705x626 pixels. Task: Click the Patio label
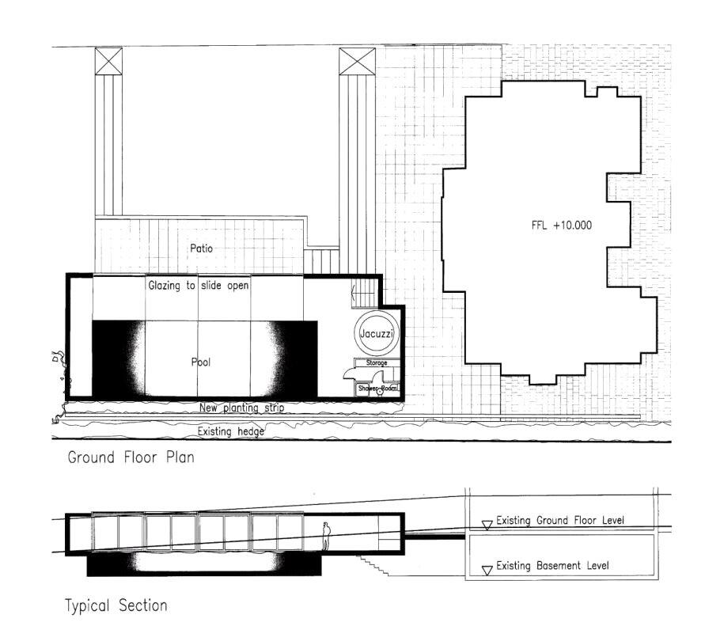[x=202, y=249]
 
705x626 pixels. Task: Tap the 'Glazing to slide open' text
[x=199, y=286]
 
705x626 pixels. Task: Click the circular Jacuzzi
[x=377, y=335]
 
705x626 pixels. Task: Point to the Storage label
[x=376, y=362]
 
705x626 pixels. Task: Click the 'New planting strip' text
[x=242, y=408]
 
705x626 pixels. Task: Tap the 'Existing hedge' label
[x=230, y=431]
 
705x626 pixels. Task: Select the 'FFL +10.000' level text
[x=561, y=226]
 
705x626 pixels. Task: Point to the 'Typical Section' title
[x=116, y=606]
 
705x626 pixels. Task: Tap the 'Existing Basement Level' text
[x=552, y=566]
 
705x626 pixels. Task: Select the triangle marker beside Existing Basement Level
[x=487, y=567]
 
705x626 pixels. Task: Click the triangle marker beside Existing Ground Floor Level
[x=487, y=523]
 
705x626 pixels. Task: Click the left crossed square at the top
[x=108, y=61]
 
